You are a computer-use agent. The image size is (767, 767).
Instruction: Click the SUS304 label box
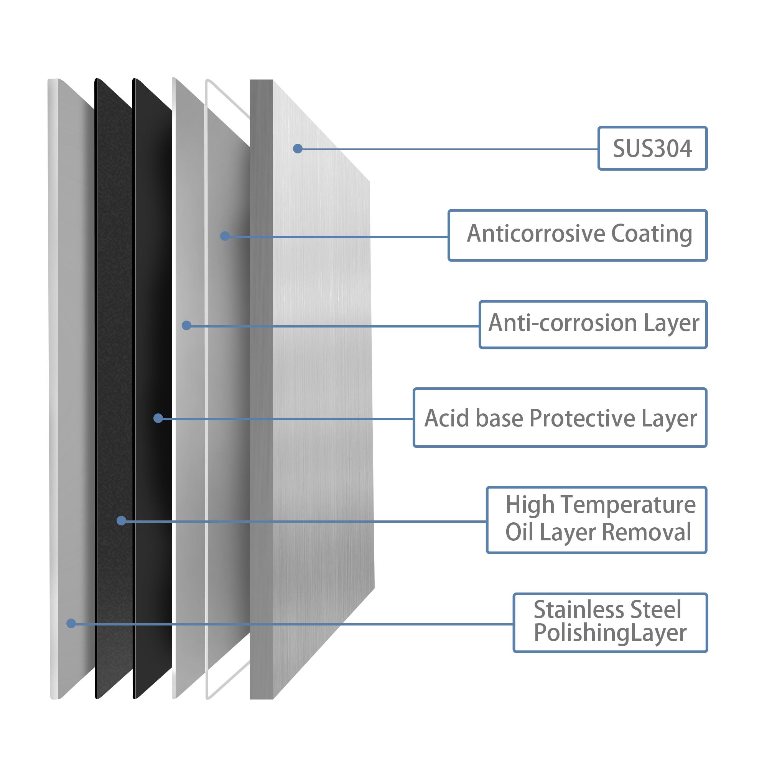coord(652,148)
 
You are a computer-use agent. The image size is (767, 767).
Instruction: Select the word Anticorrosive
coord(537,234)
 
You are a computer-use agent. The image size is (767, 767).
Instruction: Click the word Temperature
coord(628,505)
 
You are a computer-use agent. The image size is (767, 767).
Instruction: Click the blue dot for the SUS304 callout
coord(298,149)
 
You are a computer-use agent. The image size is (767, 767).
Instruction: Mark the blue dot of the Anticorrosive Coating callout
coord(225,236)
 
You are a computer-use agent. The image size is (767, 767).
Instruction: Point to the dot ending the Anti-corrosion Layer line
coord(187,326)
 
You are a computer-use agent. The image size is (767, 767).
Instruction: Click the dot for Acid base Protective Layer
coord(158,418)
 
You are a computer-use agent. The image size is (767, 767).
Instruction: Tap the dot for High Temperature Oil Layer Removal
coord(122,520)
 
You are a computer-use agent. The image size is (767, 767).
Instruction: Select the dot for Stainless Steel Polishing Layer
coord(71,623)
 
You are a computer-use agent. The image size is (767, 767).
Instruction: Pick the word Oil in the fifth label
coord(519,532)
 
